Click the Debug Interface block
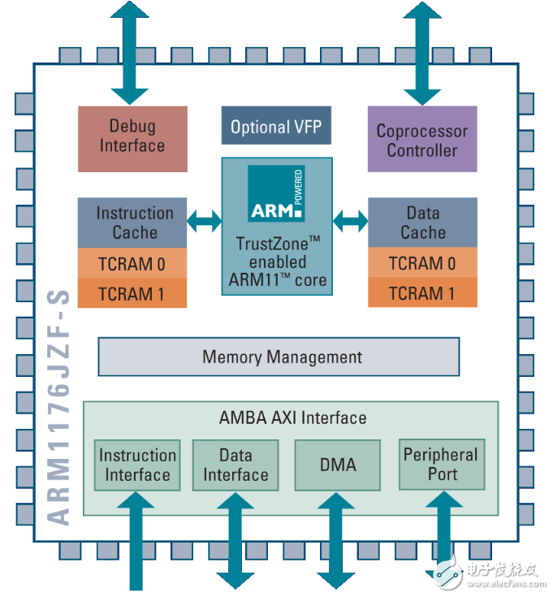pyautogui.click(x=132, y=137)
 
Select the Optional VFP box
pyautogui.click(x=276, y=127)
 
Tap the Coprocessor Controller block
pyautogui.click(x=421, y=140)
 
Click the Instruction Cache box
pyautogui.click(x=132, y=223)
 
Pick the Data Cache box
pyautogui.click(x=422, y=223)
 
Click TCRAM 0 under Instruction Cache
pyautogui.click(x=132, y=263)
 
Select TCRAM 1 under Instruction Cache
pyautogui.click(x=132, y=292)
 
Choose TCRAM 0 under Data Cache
pyautogui.click(x=422, y=263)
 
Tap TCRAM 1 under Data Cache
pyautogui.click(x=422, y=292)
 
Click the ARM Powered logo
pyautogui.click(x=276, y=194)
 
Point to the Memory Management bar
pyautogui.click(x=279, y=357)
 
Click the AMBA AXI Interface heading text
pyautogui.click(x=292, y=417)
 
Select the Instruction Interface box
pyautogui.click(x=137, y=465)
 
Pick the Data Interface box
pyautogui.click(x=235, y=465)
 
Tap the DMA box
pyautogui.click(x=337, y=465)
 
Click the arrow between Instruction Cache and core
pyautogui.click(x=204, y=219)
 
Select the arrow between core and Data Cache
pyautogui.click(x=350, y=219)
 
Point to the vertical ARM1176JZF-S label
pyautogui.click(x=58, y=406)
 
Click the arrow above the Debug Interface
pyautogui.click(x=131, y=49)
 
